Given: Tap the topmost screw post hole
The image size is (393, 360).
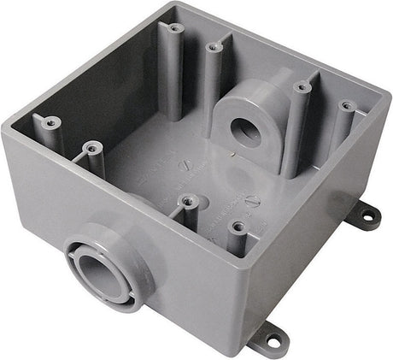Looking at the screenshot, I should point(174,29).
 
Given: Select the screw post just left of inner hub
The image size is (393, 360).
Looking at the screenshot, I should point(212,48).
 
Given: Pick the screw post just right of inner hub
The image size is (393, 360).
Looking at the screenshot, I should point(300,86).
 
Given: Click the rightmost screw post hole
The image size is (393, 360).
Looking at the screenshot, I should point(346,106).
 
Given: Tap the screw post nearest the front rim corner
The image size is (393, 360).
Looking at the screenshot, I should point(238,227).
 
